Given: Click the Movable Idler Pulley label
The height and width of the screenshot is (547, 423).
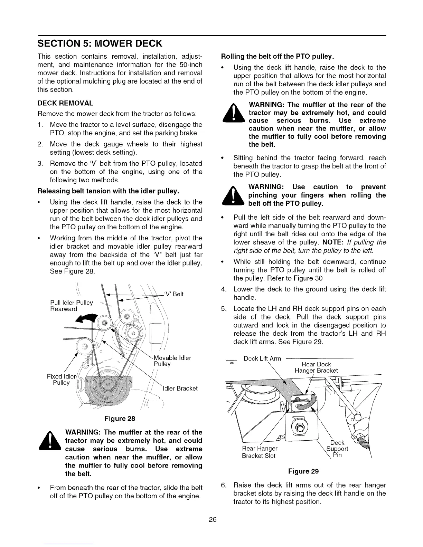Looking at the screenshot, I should click(x=172, y=361).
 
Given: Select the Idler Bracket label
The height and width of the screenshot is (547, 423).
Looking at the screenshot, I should click(x=180, y=388).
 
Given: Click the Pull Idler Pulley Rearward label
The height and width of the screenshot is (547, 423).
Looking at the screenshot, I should click(x=72, y=306).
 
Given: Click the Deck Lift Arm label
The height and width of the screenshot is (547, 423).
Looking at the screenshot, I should click(x=262, y=358).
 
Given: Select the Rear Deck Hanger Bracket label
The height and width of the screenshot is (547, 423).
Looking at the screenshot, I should click(x=316, y=367).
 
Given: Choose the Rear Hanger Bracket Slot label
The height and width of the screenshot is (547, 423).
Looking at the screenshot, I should click(x=260, y=452).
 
